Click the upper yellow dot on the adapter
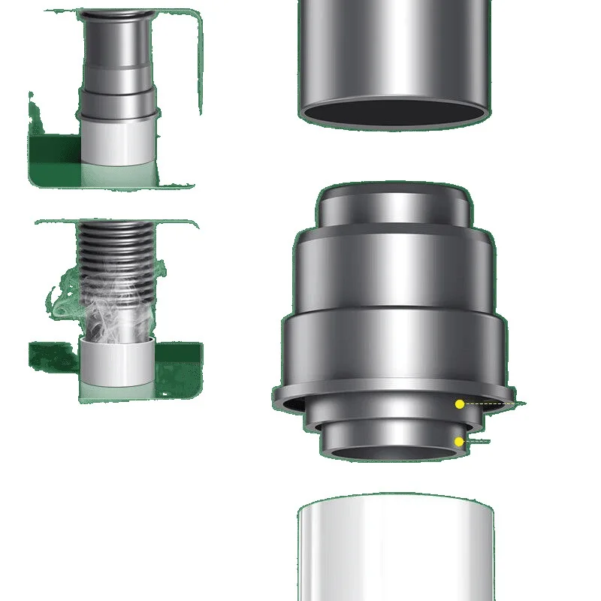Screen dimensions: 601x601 pos(460,404)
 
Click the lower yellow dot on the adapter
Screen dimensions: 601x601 pos(459,441)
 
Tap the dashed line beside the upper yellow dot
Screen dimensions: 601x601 pos(492,404)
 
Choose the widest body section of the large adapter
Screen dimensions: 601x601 pos(394,349)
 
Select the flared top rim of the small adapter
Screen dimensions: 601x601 pos(117,14)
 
